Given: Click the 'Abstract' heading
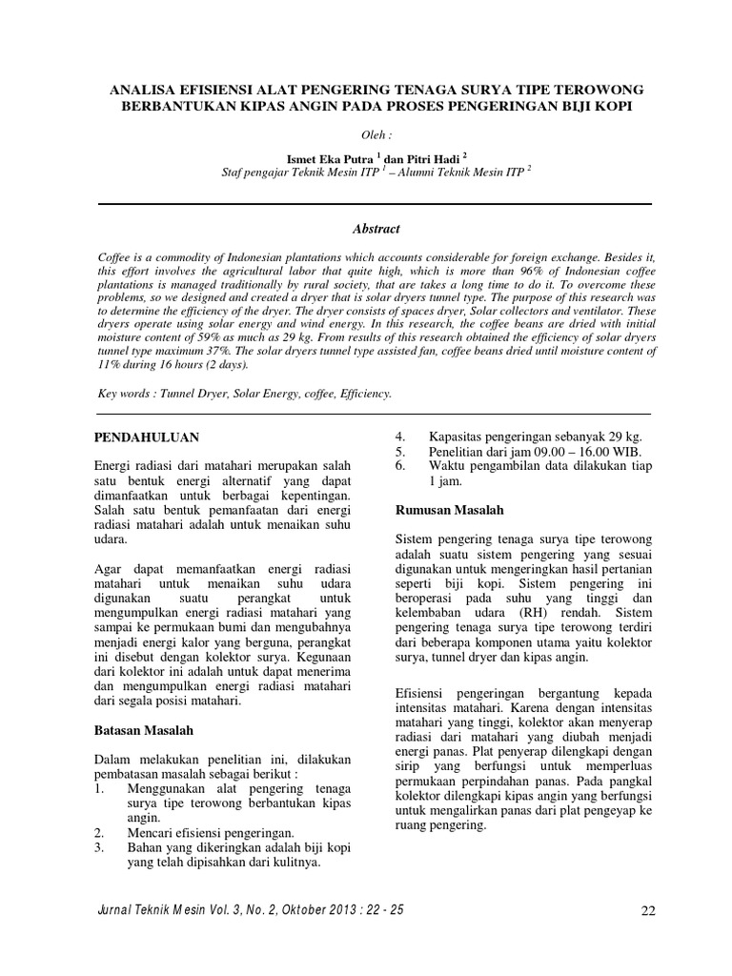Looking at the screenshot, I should tap(374, 229).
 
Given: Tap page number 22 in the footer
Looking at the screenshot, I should tap(648, 911).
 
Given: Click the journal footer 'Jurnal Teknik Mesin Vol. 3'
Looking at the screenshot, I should tap(181, 910).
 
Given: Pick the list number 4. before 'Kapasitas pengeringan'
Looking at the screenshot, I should tap(401, 436).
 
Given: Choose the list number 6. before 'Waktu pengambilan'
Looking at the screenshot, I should tap(401, 466).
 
